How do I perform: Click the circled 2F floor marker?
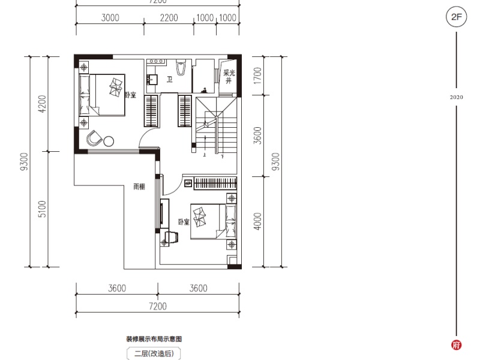[x=456, y=17]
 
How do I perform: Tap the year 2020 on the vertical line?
[x=456, y=97]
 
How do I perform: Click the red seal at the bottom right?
[x=456, y=345]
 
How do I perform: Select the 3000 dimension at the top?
[x=110, y=17]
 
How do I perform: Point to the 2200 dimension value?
[x=169, y=17]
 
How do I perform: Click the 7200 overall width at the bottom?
[x=157, y=307]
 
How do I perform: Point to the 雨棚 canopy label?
[x=139, y=187]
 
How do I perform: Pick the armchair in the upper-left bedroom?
[x=94, y=139]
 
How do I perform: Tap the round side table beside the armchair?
[x=109, y=141]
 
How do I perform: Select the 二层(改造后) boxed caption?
[x=153, y=354]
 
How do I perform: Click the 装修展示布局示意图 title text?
[x=152, y=339]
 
